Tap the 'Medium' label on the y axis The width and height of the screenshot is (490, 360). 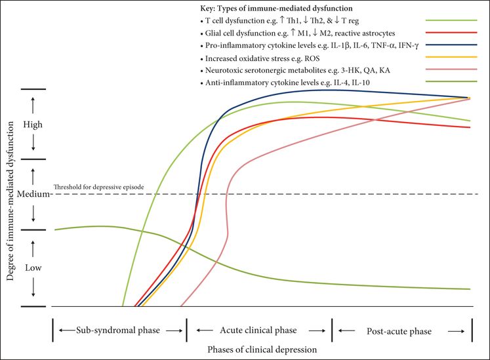coord(31,194)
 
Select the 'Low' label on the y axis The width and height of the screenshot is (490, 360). coord(31,268)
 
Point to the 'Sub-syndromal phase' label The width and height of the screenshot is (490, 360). coord(119,329)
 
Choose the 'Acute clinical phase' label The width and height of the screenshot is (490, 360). coord(260,329)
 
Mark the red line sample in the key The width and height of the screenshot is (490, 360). coord(450,33)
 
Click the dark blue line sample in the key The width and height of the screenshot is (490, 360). coord(450,45)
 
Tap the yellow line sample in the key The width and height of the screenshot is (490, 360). coord(450,58)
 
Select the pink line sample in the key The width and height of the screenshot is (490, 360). coord(450,70)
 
